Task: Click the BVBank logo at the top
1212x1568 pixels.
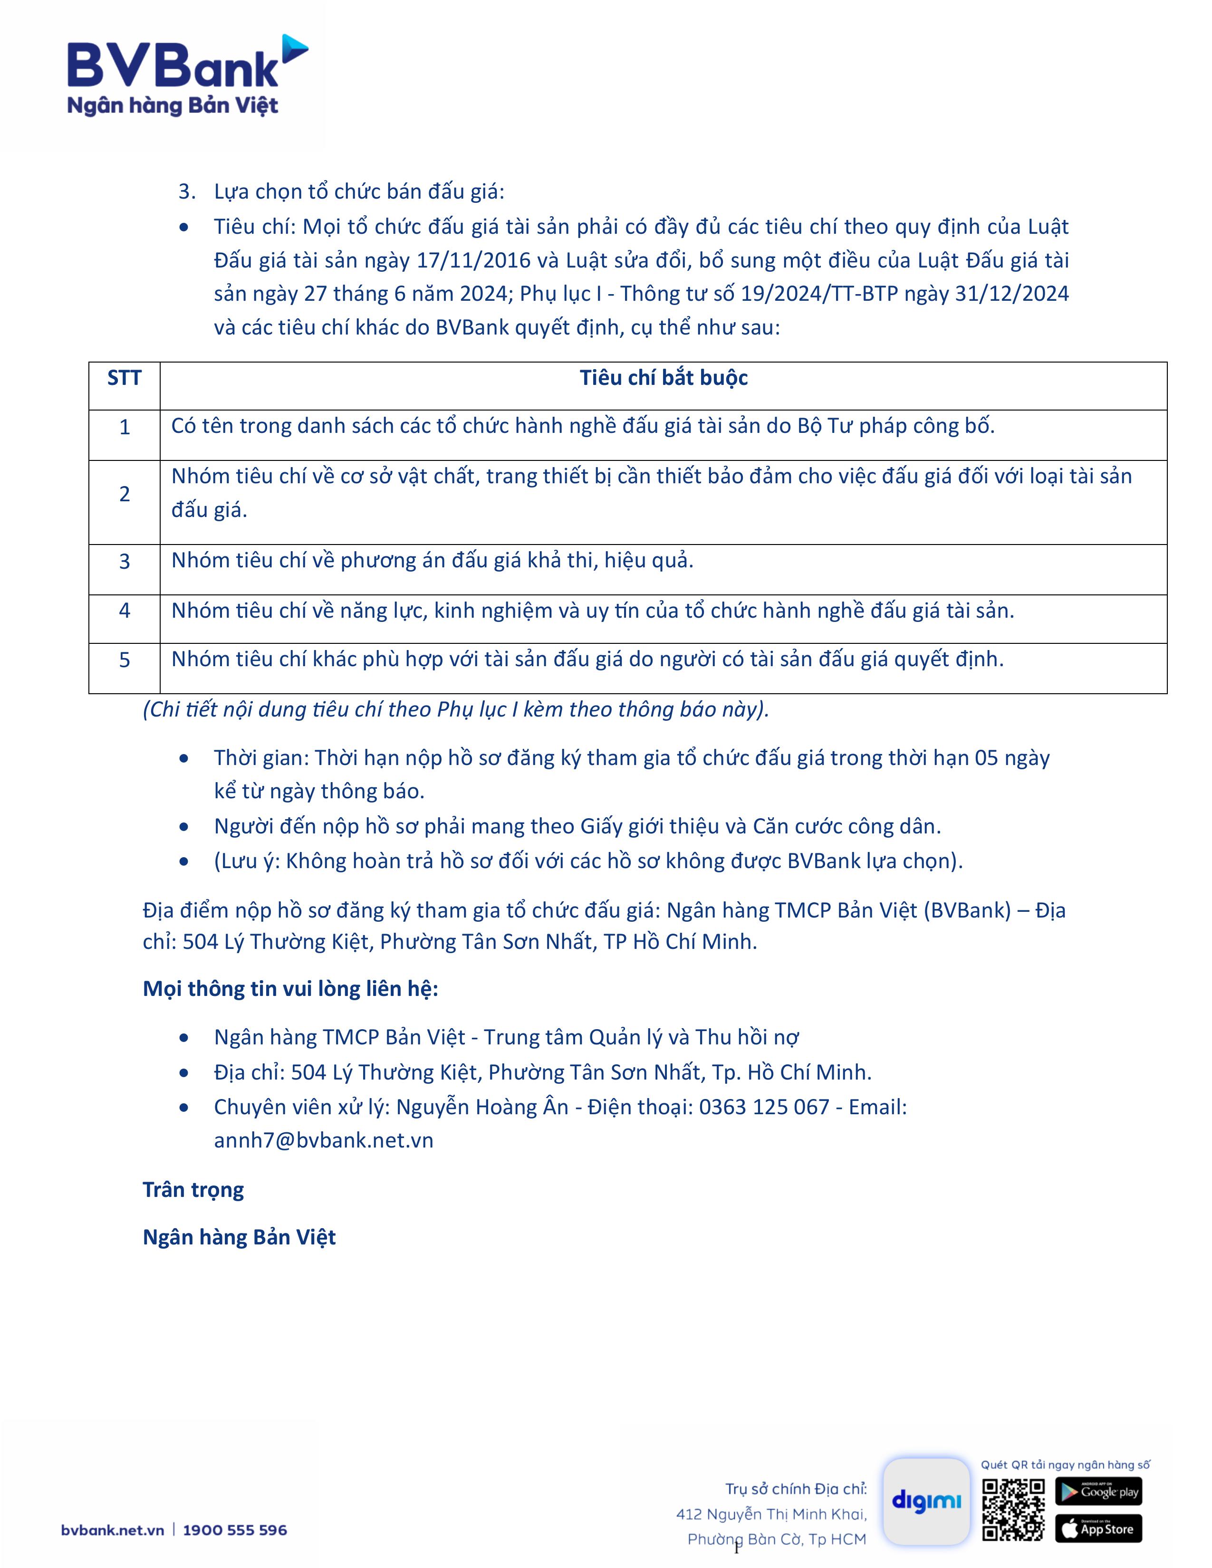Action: (x=187, y=76)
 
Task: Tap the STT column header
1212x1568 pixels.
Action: (x=124, y=378)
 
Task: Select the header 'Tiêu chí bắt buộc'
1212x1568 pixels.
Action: (x=664, y=378)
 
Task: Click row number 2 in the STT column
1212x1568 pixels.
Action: (x=124, y=494)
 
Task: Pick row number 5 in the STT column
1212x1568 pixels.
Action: (x=124, y=660)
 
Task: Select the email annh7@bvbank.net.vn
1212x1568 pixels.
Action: (x=323, y=1141)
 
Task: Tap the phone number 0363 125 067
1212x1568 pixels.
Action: (x=764, y=1107)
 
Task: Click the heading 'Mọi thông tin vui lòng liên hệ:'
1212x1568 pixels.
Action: (x=290, y=989)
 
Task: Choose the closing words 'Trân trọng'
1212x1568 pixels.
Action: (x=193, y=1190)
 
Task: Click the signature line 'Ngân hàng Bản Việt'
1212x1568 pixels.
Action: (x=239, y=1237)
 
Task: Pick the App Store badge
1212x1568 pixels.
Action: (x=1098, y=1529)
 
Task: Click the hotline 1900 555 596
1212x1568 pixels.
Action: (x=235, y=1530)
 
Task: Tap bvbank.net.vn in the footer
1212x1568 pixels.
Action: (x=113, y=1530)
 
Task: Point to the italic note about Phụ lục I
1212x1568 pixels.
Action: (x=456, y=709)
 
